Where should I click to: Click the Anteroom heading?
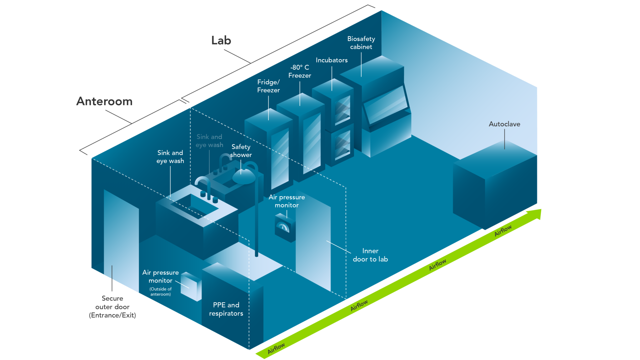click(104, 101)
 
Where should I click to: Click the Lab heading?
click(221, 40)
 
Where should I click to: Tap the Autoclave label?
click(504, 124)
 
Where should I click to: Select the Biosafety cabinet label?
click(361, 43)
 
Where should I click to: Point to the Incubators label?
click(332, 60)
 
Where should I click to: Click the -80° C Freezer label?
click(300, 71)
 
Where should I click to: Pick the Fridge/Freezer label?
click(268, 86)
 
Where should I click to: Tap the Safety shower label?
click(241, 151)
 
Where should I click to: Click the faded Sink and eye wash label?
click(209, 141)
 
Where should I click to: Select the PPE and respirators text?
click(226, 309)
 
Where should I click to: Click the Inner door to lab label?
click(370, 255)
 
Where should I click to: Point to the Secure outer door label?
click(112, 307)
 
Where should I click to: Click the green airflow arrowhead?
click(535, 214)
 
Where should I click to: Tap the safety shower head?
click(244, 177)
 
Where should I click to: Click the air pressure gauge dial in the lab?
click(283, 227)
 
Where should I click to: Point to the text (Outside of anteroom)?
click(160, 292)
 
